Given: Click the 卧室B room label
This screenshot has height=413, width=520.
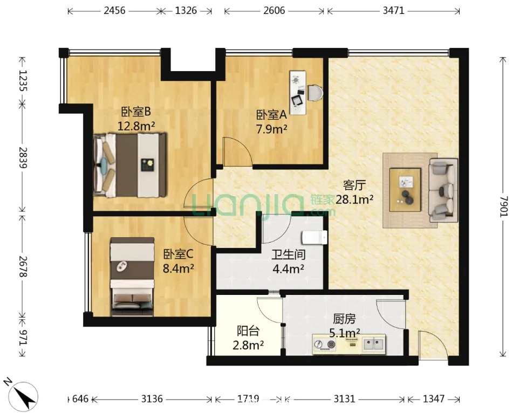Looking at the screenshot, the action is click(x=135, y=112).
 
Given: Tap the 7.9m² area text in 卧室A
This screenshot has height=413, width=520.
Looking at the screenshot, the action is click(x=272, y=129).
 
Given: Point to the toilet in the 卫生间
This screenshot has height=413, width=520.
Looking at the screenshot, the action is click(x=314, y=237).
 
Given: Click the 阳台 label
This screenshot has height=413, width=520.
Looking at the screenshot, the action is click(x=248, y=331).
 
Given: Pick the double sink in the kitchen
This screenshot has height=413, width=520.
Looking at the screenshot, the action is click(x=373, y=344).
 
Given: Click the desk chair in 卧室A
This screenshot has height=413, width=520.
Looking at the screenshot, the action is click(x=314, y=93).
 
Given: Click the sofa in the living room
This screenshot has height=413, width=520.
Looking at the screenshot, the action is click(x=443, y=190).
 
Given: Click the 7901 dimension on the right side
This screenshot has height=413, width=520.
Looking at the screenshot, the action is click(x=503, y=206).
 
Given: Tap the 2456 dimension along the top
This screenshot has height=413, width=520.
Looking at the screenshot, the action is click(x=114, y=11).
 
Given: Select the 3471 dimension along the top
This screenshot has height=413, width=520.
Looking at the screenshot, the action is click(x=393, y=11).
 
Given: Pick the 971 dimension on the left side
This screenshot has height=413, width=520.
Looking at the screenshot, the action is click(x=23, y=338).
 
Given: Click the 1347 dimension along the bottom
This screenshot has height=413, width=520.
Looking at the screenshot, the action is click(x=434, y=398).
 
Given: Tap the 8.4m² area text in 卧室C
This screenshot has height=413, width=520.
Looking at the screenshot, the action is click(x=178, y=268).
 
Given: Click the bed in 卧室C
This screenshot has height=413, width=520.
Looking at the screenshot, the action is click(x=132, y=276).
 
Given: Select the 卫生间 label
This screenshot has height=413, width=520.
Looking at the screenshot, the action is click(x=288, y=254).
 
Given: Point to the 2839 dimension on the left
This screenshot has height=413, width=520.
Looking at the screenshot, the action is click(x=23, y=158).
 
